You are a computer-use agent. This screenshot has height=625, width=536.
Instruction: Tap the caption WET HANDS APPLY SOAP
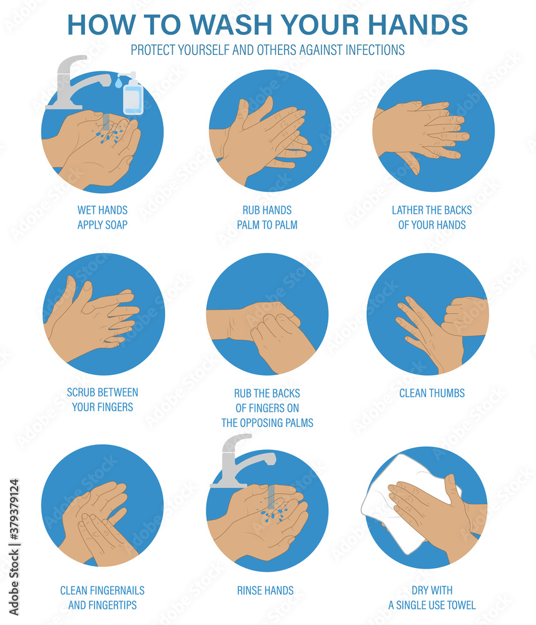pos(103,217)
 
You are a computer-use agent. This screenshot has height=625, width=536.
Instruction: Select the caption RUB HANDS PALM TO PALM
pos(267,217)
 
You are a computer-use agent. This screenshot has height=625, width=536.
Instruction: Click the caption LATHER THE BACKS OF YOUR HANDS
pos(432,217)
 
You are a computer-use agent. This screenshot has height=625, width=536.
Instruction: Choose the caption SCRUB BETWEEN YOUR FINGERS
pos(103,399)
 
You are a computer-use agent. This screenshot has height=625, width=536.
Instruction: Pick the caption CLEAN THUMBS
pos(432,393)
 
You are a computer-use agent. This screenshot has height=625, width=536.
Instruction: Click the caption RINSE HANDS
pos(265,590)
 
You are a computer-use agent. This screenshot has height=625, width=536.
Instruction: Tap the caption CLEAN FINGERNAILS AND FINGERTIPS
pos(103,597)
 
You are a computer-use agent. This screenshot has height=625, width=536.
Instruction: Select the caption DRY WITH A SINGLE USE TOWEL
pos(432,597)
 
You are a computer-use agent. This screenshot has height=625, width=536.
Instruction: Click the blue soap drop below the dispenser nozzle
pos(118,82)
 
